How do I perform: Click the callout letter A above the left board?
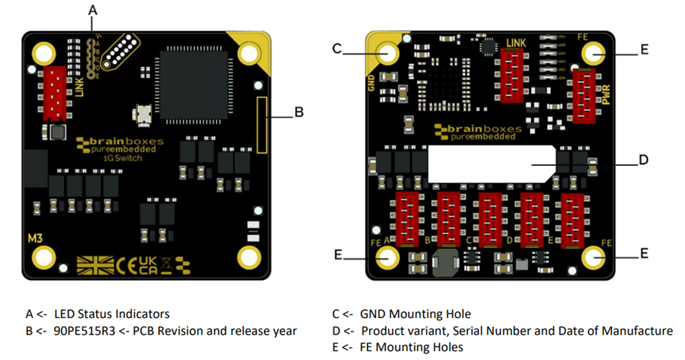coord(92,10)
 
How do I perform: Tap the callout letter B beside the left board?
coord(298,113)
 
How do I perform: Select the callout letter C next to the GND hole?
coord(336,48)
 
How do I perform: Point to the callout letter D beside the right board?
coord(643,160)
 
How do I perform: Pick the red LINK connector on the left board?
coord(56,93)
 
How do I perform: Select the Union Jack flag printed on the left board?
coord(95,265)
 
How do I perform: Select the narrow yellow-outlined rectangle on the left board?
coord(263,124)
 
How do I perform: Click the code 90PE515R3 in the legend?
coord(77,331)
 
